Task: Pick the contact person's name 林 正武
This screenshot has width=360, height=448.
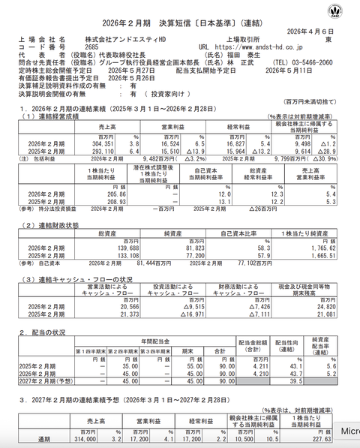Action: point(259,64)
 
